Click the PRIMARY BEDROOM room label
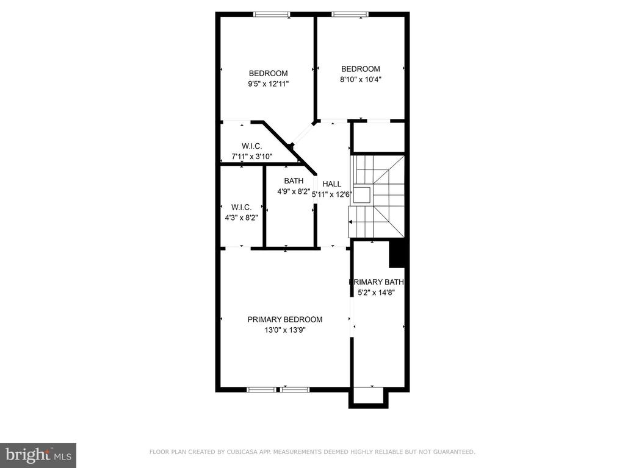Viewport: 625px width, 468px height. (x=284, y=319)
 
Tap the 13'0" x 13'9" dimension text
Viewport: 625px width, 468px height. (x=284, y=330)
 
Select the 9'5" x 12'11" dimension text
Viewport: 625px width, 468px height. (x=268, y=84)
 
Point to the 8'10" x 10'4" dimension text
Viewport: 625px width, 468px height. (x=360, y=79)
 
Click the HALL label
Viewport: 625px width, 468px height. (x=331, y=184)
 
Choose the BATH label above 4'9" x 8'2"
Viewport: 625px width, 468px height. (x=294, y=180)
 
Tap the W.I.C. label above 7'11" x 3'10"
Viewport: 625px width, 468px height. (x=252, y=146)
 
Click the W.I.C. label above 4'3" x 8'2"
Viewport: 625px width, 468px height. (x=241, y=207)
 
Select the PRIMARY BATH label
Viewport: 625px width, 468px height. (x=376, y=282)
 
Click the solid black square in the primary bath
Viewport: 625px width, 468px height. (x=397, y=253)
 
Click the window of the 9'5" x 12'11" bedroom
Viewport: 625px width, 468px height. (x=272, y=15)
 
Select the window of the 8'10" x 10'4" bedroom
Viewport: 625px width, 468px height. (x=350, y=15)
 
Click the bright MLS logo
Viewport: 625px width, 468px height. (x=38, y=455)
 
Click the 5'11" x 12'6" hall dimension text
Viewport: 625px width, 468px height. (x=331, y=194)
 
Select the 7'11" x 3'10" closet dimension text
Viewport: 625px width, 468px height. (x=252, y=157)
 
